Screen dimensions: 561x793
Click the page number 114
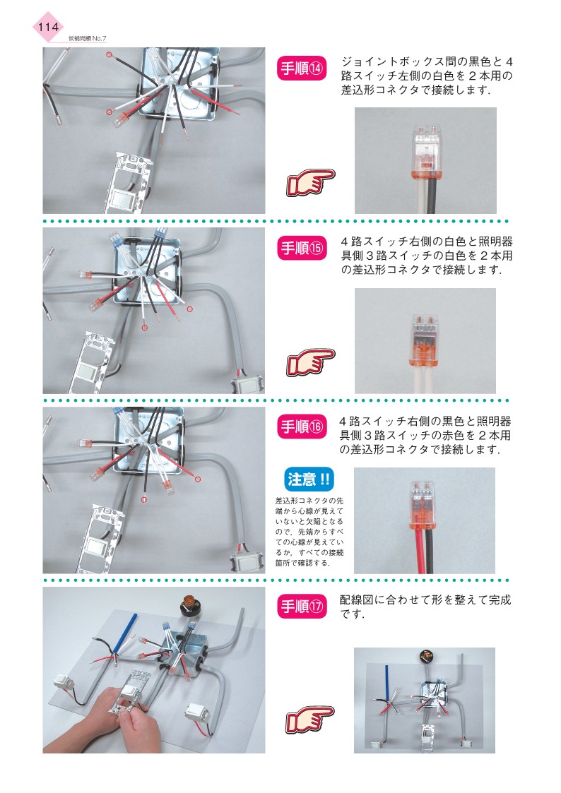coord(48,27)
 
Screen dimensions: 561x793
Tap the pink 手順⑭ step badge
coord(302,68)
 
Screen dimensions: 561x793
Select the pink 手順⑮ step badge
coord(302,248)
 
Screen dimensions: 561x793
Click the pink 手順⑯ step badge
coord(302,427)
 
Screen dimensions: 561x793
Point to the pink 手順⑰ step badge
coord(302,606)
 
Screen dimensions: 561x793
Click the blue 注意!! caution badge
coord(309,479)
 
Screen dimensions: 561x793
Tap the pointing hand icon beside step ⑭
coord(310,183)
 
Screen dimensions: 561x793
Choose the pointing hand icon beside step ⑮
coord(310,362)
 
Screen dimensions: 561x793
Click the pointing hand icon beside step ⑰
coord(310,720)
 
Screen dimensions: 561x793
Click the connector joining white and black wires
coord(426,151)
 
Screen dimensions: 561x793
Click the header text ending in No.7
coord(87,38)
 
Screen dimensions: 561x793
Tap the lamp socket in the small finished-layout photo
coord(426,657)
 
